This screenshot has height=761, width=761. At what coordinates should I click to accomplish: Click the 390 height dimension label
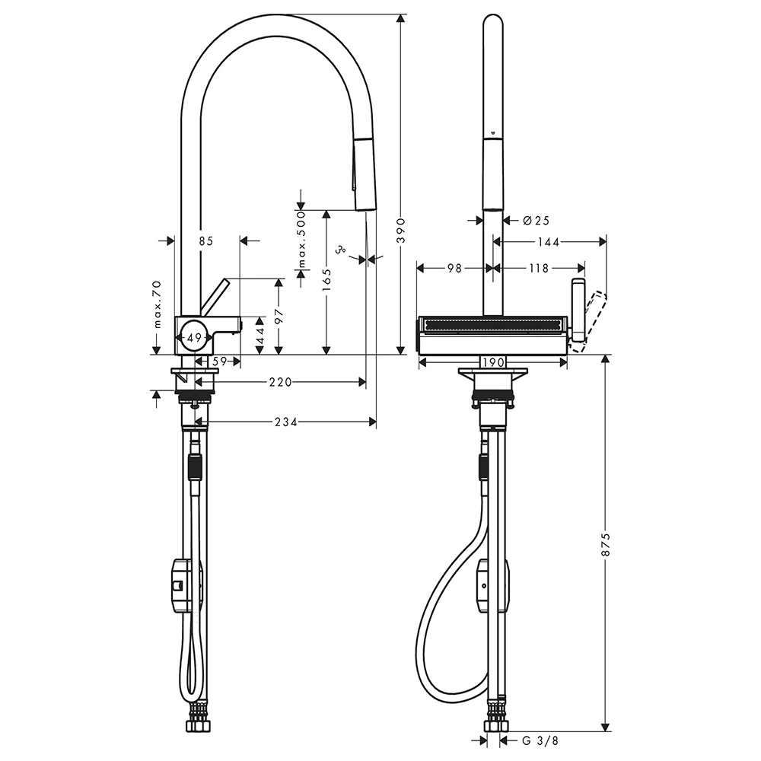pyautogui.click(x=401, y=231)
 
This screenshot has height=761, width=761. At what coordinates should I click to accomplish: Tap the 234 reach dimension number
pyautogui.click(x=286, y=422)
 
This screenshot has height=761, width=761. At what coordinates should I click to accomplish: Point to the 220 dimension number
pyautogui.click(x=281, y=383)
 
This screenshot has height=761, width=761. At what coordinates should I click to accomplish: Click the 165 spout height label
pyautogui.click(x=326, y=281)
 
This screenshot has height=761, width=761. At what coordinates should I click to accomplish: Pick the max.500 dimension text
pyautogui.click(x=302, y=240)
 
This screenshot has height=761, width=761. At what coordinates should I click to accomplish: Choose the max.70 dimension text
pyautogui.click(x=157, y=305)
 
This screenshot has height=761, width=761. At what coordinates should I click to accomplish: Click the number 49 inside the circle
pyautogui.click(x=194, y=338)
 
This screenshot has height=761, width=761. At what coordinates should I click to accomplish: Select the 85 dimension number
pyautogui.click(x=205, y=240)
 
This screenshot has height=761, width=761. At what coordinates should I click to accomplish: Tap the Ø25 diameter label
pyautogui.click(x=537, y=221)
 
